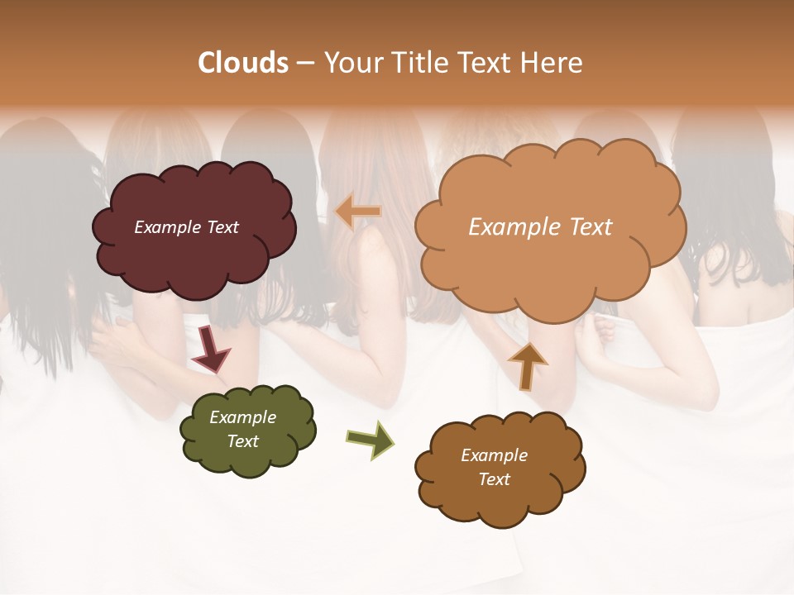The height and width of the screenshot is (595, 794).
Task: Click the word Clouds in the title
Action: [243, 63]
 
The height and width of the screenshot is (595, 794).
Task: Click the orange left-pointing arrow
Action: [359, 212]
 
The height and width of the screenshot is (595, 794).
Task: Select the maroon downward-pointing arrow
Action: [211, 349]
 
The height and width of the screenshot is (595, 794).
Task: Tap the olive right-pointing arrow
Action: [370, 439]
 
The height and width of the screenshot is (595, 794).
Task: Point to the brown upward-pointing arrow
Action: [527, 364]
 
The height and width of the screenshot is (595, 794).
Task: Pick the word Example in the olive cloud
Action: [242, 418]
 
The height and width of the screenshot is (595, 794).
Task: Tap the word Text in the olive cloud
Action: [242, 441]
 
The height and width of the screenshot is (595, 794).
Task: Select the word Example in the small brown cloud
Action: [494, 455]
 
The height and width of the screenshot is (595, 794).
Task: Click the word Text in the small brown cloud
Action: [494, 479]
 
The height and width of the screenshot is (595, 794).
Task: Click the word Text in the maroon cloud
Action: [222, 227]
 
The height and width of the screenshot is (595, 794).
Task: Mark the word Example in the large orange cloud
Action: [509, 227]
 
